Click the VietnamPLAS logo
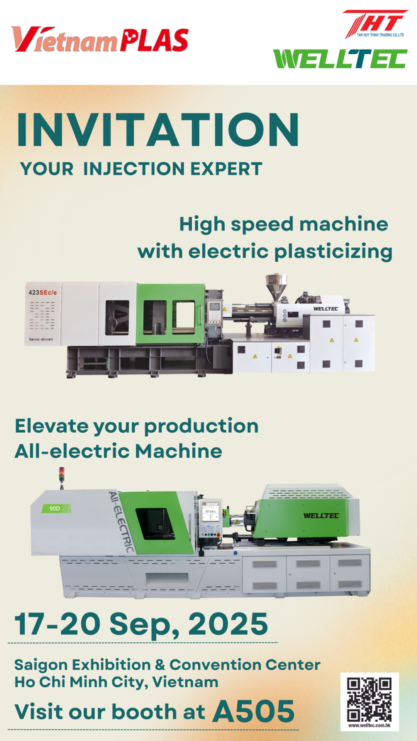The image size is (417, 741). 100,39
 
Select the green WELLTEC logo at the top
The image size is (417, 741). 340,59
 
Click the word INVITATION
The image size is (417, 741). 158,130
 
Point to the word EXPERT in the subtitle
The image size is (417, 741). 226,169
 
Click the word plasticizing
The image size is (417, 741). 333,252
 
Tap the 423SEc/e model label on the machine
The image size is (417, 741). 42,293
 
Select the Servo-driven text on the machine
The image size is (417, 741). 41,339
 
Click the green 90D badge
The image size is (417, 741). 56,508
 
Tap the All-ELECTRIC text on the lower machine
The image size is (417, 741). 121,521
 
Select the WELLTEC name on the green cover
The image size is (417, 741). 321,516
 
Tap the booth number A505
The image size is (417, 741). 254,711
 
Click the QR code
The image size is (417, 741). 369,700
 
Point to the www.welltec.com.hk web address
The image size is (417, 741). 370,726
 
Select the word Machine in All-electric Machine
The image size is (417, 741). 178,451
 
